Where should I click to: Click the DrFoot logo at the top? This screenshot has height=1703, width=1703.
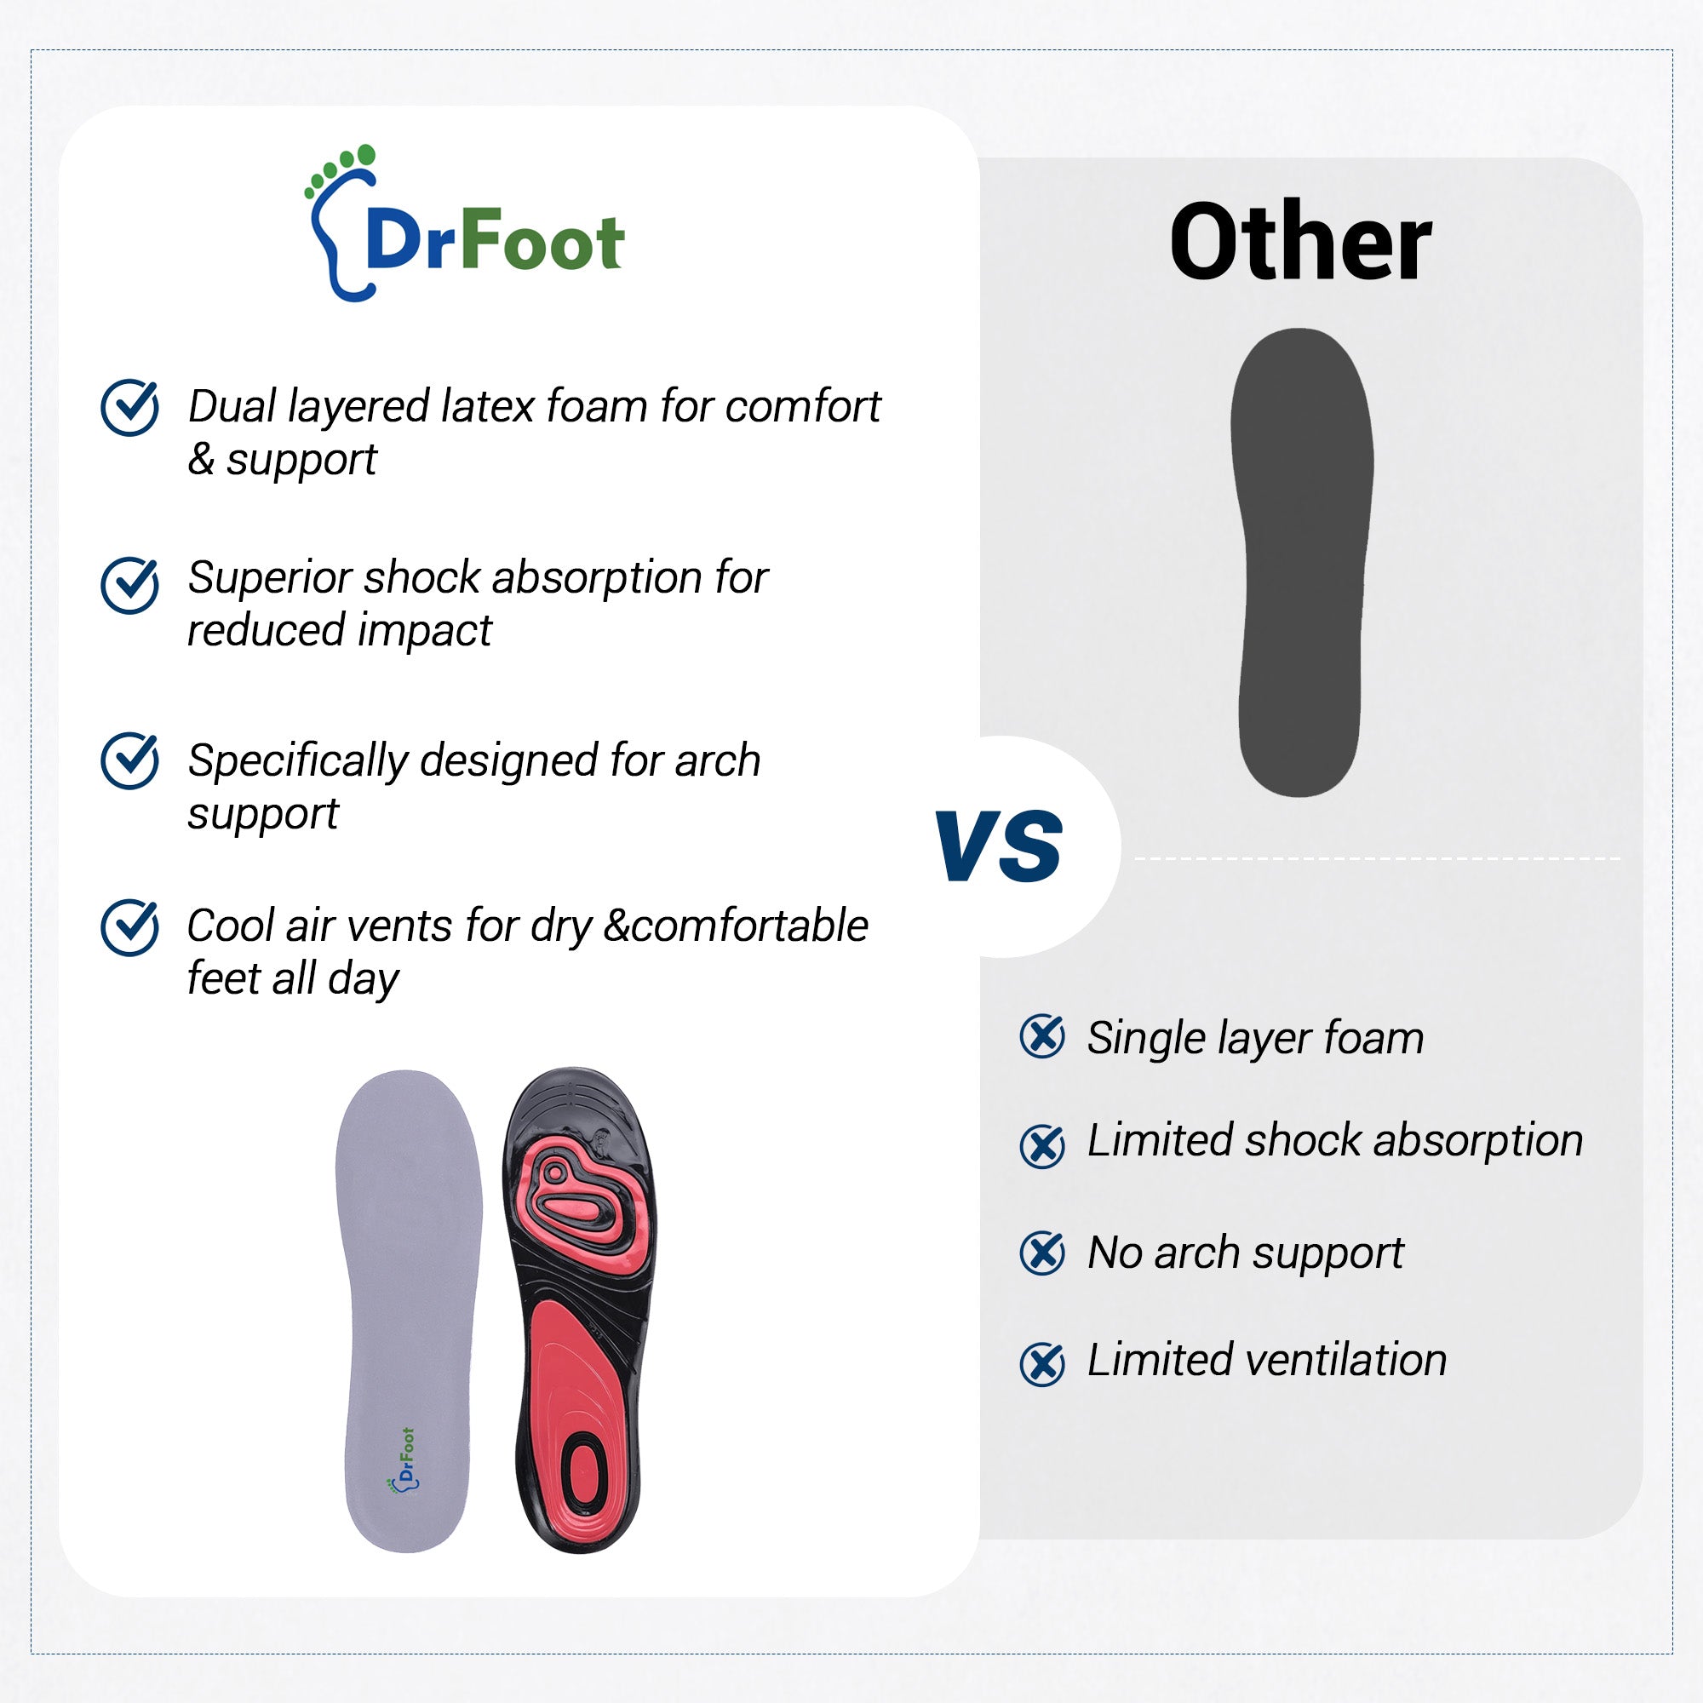pos(465,224)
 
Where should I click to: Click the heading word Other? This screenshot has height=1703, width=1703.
pos(1300,242)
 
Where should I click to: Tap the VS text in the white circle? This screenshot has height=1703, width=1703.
pos(998,846)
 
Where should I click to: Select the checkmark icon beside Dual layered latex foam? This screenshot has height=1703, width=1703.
pos(130,407)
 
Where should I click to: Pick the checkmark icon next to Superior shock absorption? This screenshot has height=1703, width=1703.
pos(130,584)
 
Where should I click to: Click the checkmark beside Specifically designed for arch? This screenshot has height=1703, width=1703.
pos(130,760)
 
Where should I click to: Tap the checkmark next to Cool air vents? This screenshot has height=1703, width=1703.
pos(130,927)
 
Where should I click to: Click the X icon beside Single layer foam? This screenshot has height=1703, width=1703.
pos(1042,1036)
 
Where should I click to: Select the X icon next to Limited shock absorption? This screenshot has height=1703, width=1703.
pos(1042,1147)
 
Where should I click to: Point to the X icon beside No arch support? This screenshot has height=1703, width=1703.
pos(1042,1253)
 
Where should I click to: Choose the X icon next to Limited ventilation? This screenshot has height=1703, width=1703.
pos(1042,1363)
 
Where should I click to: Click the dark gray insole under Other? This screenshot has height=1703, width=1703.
pos(1301,562)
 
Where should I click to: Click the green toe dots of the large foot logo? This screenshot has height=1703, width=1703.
pos(341,168)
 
